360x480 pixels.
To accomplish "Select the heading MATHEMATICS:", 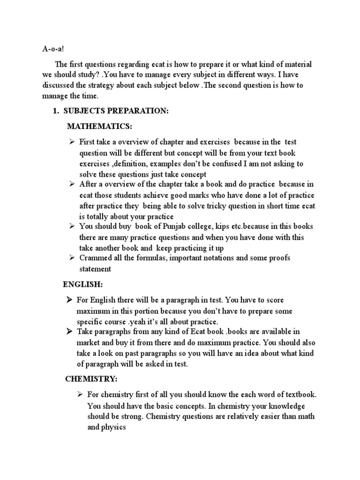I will click(x=99, y=126).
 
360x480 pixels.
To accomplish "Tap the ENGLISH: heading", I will click(x=82, y=285).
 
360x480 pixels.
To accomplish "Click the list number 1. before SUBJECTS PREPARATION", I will click(x=54, y=111).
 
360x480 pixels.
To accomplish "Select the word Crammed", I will click(x=95, y=258).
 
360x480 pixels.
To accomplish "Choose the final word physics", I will click(x=114, y=427).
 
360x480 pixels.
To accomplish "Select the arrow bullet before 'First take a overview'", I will click(x=72, y=141).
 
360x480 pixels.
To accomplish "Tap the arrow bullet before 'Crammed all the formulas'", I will click(x=72, y=257).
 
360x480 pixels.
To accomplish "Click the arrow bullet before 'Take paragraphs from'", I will click(x=69, y=331).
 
